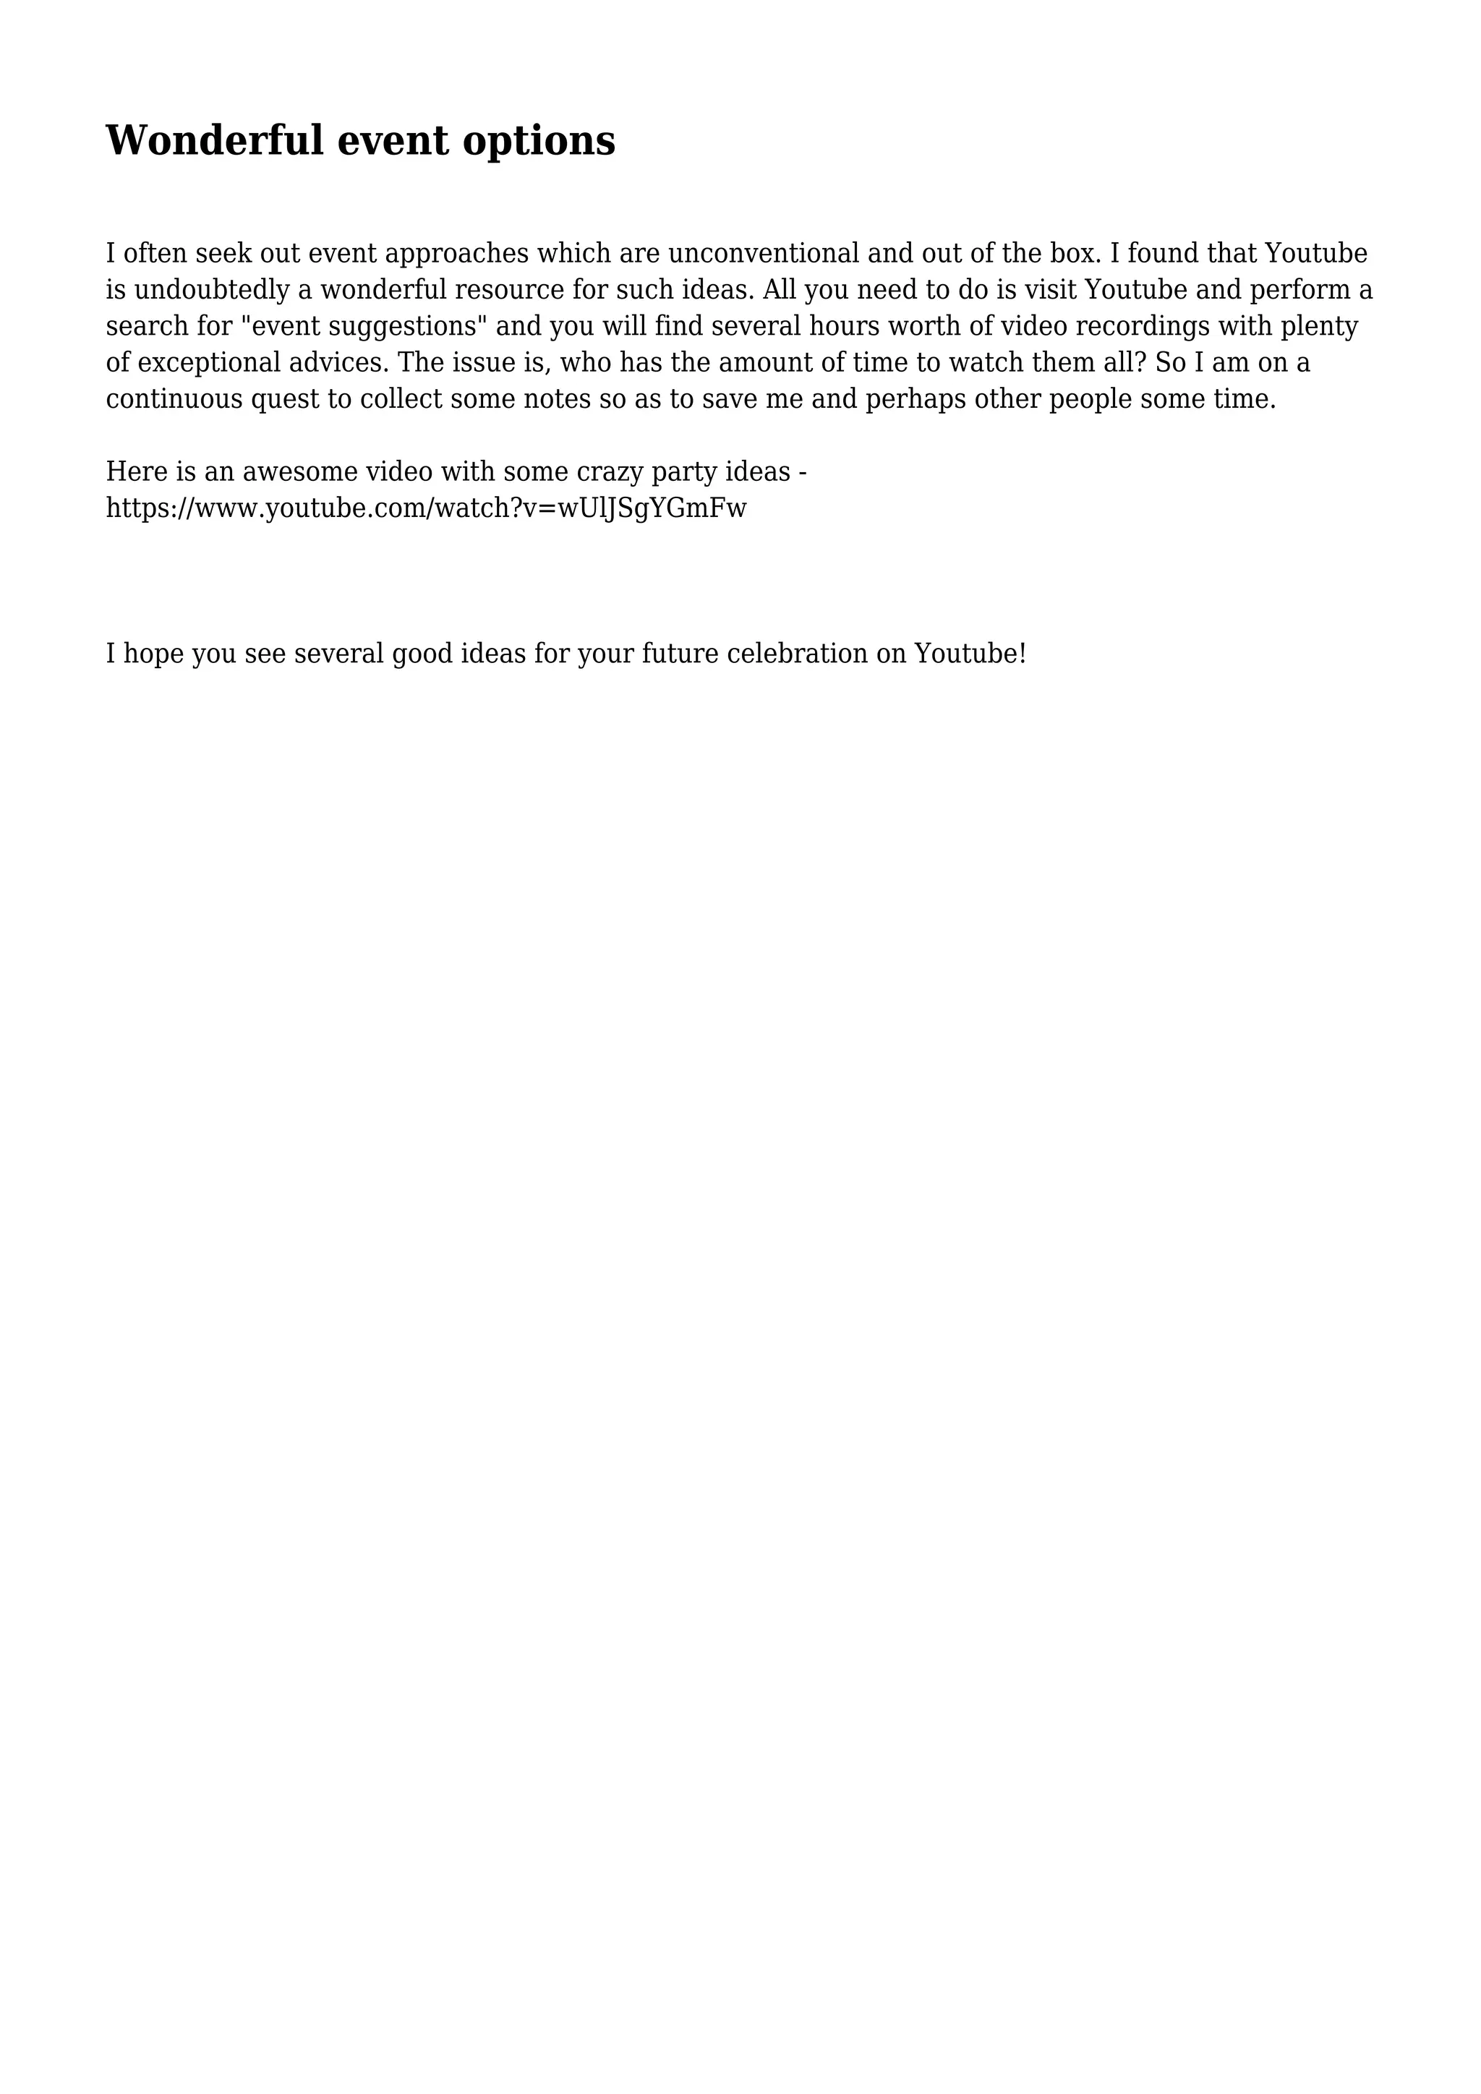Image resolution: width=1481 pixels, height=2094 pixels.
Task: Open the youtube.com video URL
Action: [426, 508]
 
